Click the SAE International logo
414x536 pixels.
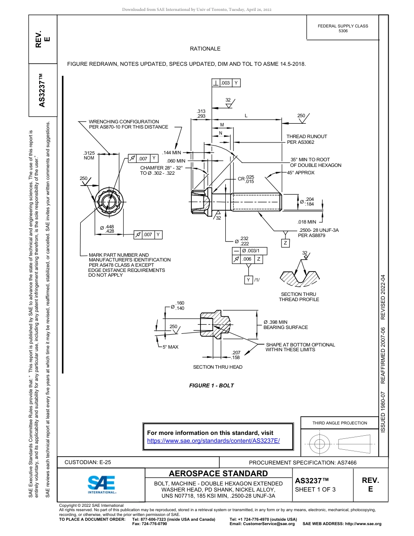(x=102, y=484)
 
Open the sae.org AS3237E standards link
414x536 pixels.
(x=214, y=441)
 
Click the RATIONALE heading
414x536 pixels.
(x=205, y=49)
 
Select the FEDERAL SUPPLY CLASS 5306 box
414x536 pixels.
(x=343, y=28)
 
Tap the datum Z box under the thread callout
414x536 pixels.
(x=285, y=243)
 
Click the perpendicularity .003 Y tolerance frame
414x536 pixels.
(x=226, y=83)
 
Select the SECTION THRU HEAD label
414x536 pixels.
(x=217, y=367)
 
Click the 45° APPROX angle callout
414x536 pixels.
(x=300, y=173)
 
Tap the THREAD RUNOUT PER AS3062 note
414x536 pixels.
(x=306, y=139)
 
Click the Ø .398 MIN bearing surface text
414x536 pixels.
(x=285, y=325)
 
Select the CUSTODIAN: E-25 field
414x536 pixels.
(x=88, y=462)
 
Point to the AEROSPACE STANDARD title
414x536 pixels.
(x=218, y=474)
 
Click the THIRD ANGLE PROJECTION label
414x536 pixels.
(x=339, y=423)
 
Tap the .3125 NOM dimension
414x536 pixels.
(x=89, y=156)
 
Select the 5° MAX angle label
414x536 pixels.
(x=170, y=347)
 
